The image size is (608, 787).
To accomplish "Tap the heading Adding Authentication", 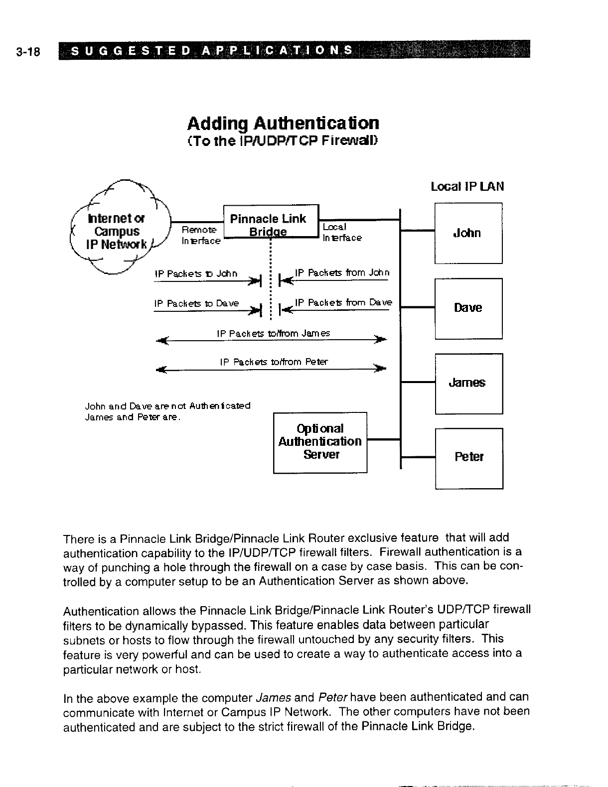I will [283, 123].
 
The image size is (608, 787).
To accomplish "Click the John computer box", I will [468, 233].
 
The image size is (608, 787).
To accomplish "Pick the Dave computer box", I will [468, 308].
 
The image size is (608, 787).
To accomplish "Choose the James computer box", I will [468, 383].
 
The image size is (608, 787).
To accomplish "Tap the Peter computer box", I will [468, 457].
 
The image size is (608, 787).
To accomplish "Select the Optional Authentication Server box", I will [320, 442].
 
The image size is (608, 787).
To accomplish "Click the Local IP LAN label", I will [467, 186].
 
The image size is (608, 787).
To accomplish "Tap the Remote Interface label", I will [200, 235].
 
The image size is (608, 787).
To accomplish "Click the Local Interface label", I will [341, 233].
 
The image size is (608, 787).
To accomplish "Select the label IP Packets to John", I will [196, 274].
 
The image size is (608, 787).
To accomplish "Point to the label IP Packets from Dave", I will [343, 302].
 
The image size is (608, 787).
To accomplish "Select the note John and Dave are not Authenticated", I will [168, 405].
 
